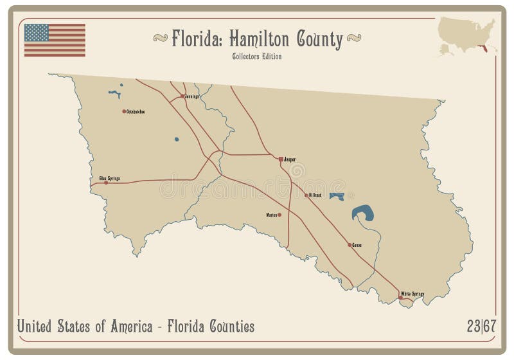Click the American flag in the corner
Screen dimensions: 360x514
coord(55,40)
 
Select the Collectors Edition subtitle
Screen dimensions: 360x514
coord(257,56)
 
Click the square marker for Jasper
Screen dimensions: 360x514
coord(281,158)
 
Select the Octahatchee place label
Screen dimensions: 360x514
coord(136,112)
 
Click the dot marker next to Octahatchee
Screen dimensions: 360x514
coord(124,111)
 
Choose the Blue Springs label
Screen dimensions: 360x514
coord(109,177)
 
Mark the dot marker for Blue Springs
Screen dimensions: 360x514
coord(106,183)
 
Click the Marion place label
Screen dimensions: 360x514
coord(270,215)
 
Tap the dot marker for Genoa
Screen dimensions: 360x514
coord(350,245)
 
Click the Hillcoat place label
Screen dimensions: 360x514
coord(315,194)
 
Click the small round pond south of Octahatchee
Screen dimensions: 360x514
coord(177,138)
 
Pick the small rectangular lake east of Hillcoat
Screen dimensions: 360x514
coord(336,196)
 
